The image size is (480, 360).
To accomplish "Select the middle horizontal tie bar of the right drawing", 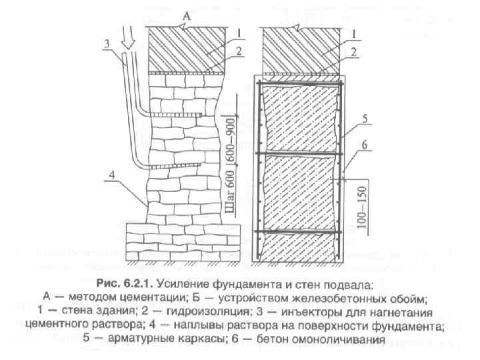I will [301, 155].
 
